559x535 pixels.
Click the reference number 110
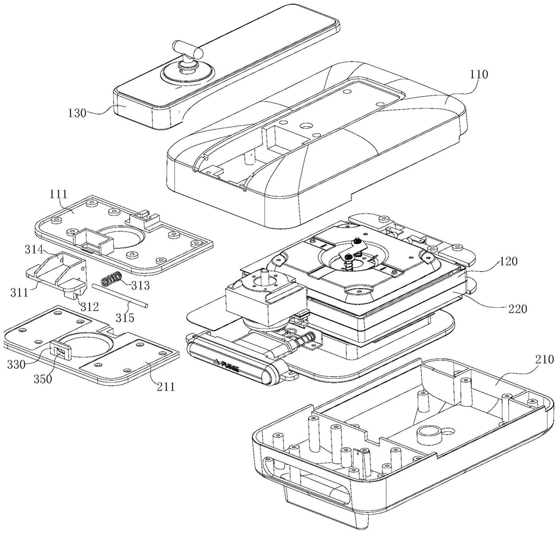(478, 75)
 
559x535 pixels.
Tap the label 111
(59, 194)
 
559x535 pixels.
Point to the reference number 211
(166, 386)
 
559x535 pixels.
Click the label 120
(508, 261)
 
